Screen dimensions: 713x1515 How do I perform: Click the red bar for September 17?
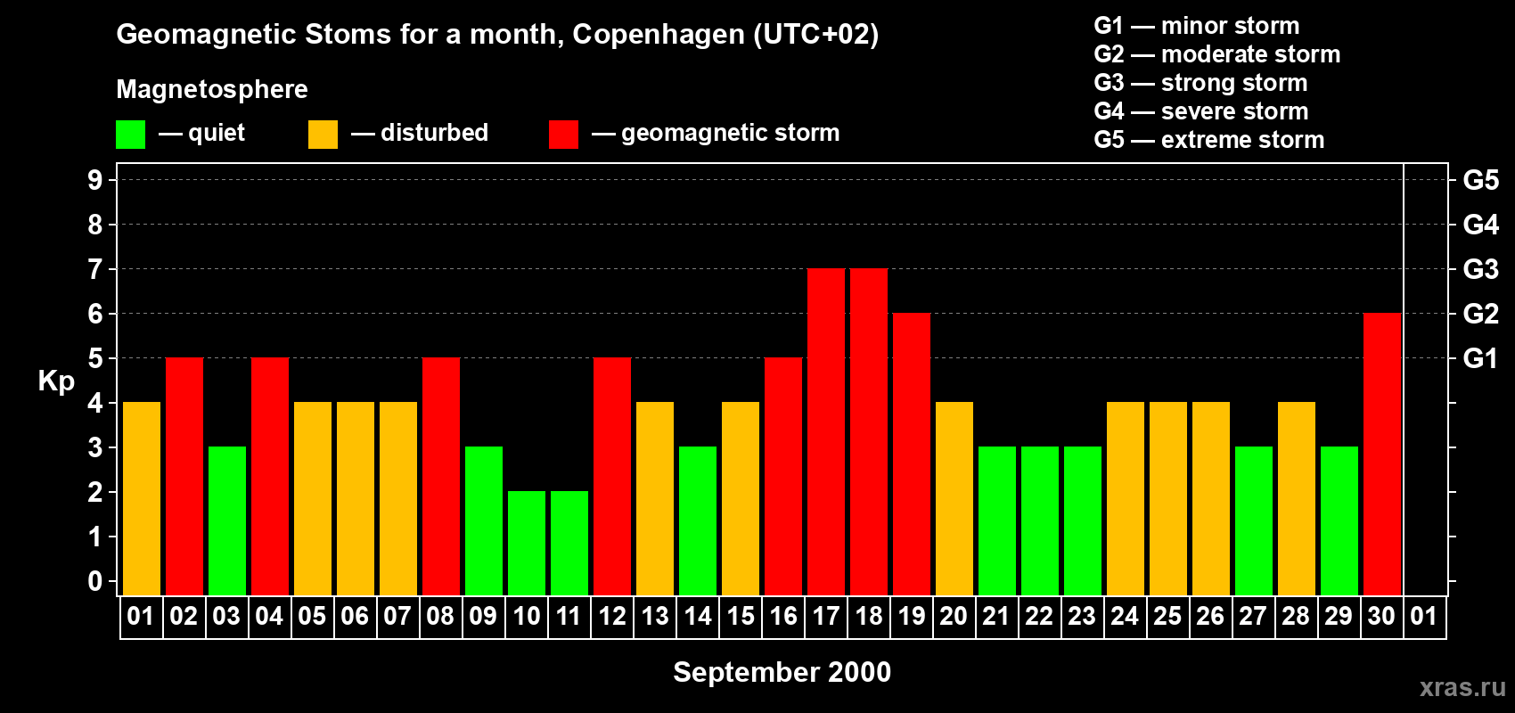click(x=826, y=432)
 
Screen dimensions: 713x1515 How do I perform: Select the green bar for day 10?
click(x=527, y=544)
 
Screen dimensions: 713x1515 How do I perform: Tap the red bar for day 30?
click(x=1382, y=455)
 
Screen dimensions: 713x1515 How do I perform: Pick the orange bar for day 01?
click(x=142, y=499)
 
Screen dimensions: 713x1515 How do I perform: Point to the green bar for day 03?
click(x=227, y=521)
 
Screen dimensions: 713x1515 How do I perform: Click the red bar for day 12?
click(x=612, y=477)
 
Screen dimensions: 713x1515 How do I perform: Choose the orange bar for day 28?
click(x=1297, y=499)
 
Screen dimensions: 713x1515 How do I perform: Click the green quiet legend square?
click(x=131, y=135)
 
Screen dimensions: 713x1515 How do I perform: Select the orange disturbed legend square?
click(x=323, y=135)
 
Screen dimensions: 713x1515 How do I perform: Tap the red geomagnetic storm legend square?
click(x=563, y=135)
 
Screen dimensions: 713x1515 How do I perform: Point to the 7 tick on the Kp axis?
click(x=95, y=269)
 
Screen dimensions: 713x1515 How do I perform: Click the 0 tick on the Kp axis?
click(x=95, y=582)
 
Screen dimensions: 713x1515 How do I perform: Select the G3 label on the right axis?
click(x=1480, y=269)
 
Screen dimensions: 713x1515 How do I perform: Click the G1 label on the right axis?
click(x=1480, y=358)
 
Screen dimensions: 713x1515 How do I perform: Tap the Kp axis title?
click(x=56, y=381)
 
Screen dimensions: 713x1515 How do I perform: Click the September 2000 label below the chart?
click(x=782, y=672)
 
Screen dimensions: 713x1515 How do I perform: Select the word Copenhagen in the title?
click(x=658, y=34)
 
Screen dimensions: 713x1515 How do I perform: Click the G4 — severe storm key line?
click(x=1200, y=111)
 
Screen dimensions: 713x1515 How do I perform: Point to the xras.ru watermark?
click(x=1462, y=687)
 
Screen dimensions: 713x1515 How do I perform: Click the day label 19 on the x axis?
click(x=912, y=617)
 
